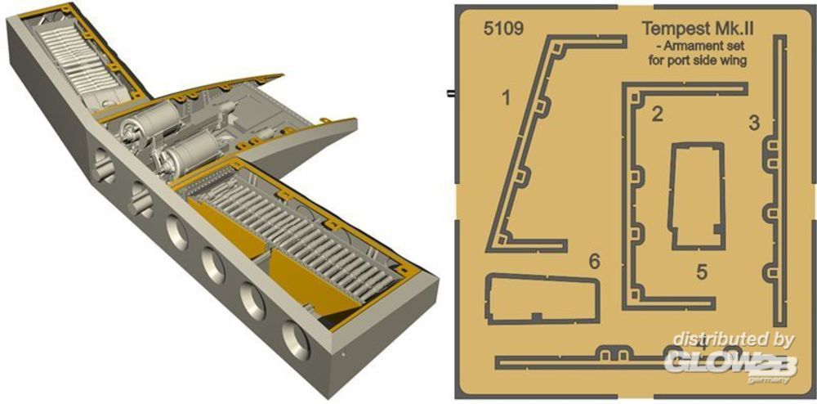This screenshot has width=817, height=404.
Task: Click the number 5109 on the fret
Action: pos(502,29)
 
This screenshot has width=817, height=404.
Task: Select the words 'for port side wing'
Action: pos(698,60)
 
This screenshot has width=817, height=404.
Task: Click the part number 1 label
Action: pos(506,97)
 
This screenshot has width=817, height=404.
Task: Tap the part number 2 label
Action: pos(658,114)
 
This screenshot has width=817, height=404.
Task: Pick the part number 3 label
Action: pos(754,123)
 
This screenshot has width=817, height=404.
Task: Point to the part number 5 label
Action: pos(702,272)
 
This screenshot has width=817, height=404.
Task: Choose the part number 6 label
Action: pos(595,262)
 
